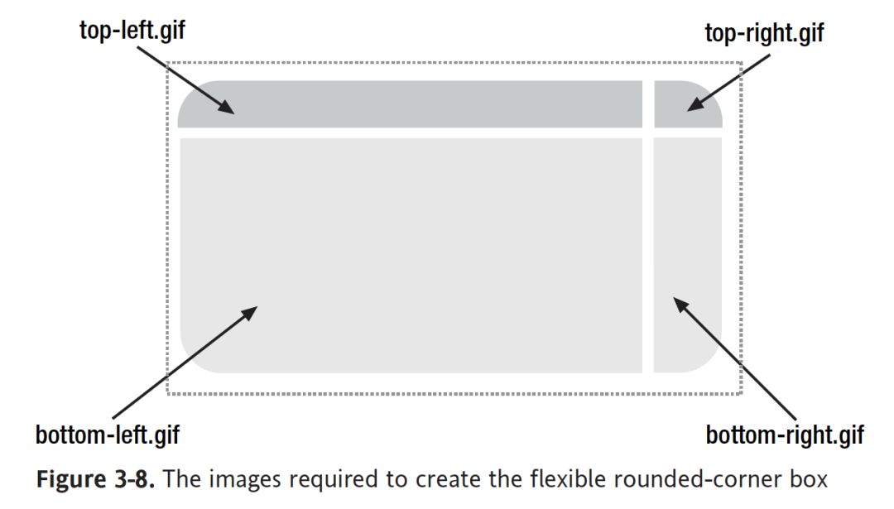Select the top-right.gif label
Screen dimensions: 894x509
764,33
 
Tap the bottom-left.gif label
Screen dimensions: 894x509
108,435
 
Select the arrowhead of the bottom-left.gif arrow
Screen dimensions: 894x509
251,312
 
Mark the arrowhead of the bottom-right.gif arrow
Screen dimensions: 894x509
680,304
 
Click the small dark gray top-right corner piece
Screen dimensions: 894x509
687,103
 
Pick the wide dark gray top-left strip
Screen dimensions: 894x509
410,103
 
